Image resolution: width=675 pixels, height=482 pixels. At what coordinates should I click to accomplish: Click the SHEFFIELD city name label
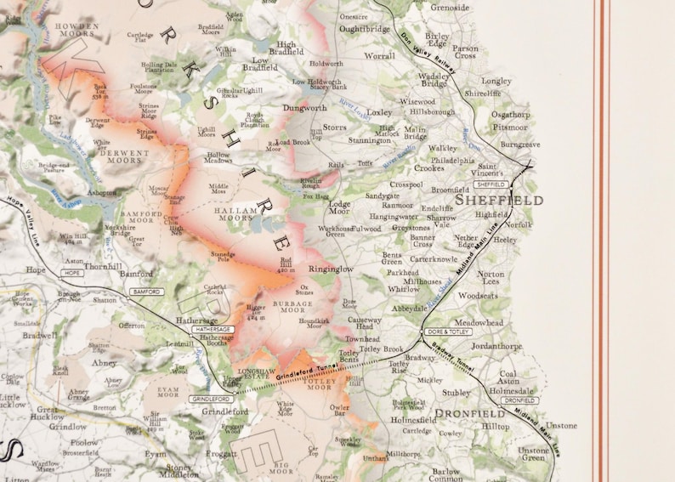[x=499, y=201]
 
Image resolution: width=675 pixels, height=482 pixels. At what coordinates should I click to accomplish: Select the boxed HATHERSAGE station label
[x=211, y=329]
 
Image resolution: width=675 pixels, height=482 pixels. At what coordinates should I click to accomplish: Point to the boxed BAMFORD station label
[x=145, y=292]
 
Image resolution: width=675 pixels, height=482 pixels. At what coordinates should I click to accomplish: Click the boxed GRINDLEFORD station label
[x=211, y=399]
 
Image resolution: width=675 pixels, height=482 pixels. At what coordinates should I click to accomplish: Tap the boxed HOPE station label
[x=72, y=273]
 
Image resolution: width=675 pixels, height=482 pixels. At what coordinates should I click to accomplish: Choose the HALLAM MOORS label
[x=234, y=213]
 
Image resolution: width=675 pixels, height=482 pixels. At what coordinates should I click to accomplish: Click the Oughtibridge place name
[x=365, y=29]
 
